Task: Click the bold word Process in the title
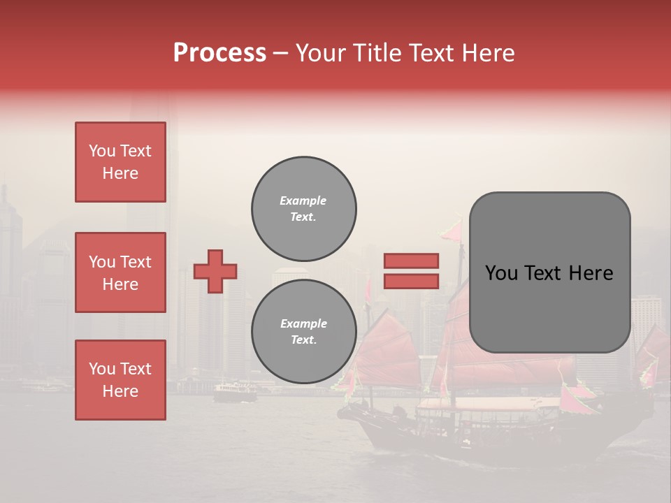pyautogui.click(x=219, y=53)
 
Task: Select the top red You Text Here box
pyautogui.click(x=120, y=162)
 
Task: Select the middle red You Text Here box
pyautogui.click(x=120, y=272)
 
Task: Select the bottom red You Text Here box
pyautogui.click(x=120, y=380)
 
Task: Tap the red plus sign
pyautogui.click(x=215, y=271)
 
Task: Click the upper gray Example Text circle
pyautogui.click(x=303, y=209)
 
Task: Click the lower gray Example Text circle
pyautogui.click(x=303, y=332)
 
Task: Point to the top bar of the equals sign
pyautogui.click(x=411, y=261)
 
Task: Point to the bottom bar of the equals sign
pyautogui.click(x=411, y=281)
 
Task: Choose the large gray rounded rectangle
pyautogui.click(x=549, y=272)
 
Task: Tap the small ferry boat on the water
pyautogui.click(x=234, y=393)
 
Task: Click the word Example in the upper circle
pyautogui.click(x=303, y=201)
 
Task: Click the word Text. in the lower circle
pyautogui.click(x=303, y=340)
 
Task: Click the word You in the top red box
pyautogui.click(x=101, y=151)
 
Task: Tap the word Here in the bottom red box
pyautogui.click(x=120, y=391)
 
